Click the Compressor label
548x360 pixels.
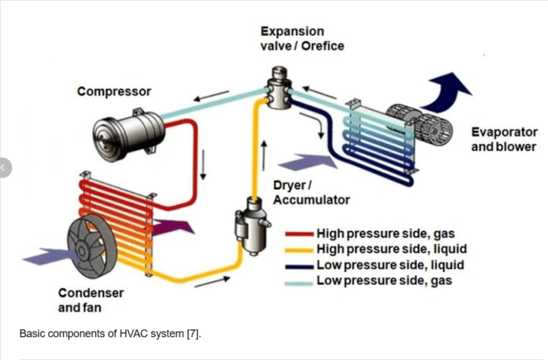tap(114, 92)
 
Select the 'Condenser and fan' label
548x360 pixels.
tap(90, 299)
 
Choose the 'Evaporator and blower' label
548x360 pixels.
tap(503, 139)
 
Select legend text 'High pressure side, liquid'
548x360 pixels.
tap(392, 249)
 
